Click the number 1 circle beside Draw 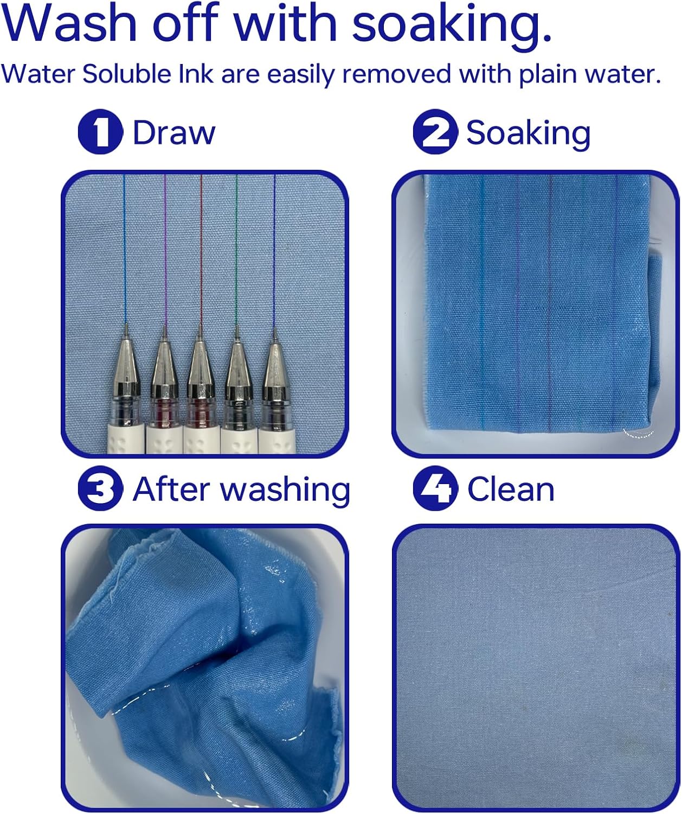pos(100,132)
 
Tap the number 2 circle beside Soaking pos(435,132)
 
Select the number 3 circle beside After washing pos(100,488)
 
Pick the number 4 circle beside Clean pos(435,488)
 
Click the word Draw pos(173,132)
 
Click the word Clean pos(511,489)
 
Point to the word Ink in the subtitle pos(196,73)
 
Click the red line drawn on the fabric pos(201,250)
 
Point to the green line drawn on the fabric pos(236,251)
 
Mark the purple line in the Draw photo pos(165,251)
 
